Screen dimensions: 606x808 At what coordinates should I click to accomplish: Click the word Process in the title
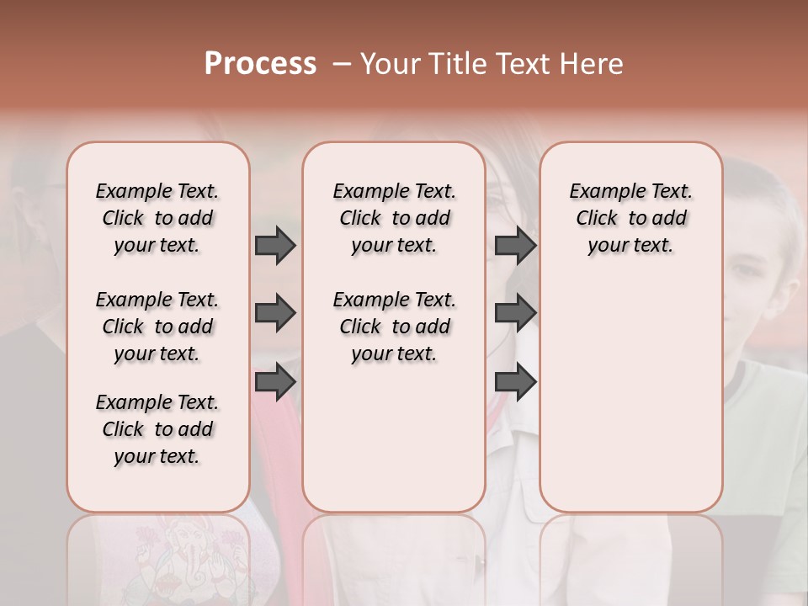coord(260,64)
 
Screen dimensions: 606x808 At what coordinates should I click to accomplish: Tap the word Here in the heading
coord(593,64)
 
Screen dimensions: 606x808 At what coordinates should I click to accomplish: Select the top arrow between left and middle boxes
coord(275,246)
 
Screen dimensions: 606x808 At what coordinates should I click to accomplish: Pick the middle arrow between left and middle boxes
coord(275,314)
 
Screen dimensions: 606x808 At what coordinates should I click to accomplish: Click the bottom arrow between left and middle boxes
coord(275,381)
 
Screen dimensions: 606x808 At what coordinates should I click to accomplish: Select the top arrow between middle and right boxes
coord(515,246)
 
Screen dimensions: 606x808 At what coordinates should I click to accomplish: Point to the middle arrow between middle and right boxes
coord(515,314)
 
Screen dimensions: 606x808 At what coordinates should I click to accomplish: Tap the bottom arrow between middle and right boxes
coord(515,381)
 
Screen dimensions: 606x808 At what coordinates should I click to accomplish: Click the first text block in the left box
coord(157,218)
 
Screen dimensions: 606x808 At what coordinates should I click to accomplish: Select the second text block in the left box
coord(157,327)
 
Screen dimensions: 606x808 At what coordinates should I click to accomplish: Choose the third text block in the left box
coord(157,429)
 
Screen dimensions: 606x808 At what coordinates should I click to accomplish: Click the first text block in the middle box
coord(394,218)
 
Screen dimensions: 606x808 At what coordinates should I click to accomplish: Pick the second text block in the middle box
coord(394,327)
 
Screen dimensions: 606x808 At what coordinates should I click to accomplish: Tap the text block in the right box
coord(630,218)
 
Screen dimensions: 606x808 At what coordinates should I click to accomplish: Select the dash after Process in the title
coord(342,64)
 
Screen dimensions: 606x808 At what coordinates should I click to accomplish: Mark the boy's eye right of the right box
coord(747,271)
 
